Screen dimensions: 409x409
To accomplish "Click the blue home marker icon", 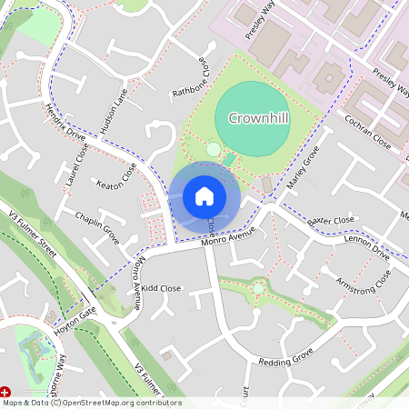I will (x=204, y=195).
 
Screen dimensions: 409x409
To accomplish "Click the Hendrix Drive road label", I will (x=65, y=124).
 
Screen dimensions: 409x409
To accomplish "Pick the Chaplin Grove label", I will (x=97, y=224).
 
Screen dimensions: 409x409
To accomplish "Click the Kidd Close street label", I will (x=162, y=288).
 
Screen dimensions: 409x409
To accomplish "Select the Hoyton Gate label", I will (x=75, y=316).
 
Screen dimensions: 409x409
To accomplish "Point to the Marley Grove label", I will (x=304, y=166).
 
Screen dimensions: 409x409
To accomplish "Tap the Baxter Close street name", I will (x=330, y=221).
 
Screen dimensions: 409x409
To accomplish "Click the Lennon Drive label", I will (x=367, y=246).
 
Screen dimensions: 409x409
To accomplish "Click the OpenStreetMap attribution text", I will (x=91, y=403).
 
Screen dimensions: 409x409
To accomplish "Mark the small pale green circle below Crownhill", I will (x=214, y=149).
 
